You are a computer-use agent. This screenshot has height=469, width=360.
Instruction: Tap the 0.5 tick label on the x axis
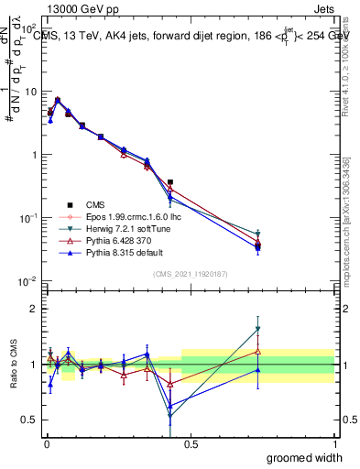[190, 443]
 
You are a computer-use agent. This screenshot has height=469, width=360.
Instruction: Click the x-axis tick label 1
[333, 443]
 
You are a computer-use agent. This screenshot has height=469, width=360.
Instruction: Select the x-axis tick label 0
[47, 443]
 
